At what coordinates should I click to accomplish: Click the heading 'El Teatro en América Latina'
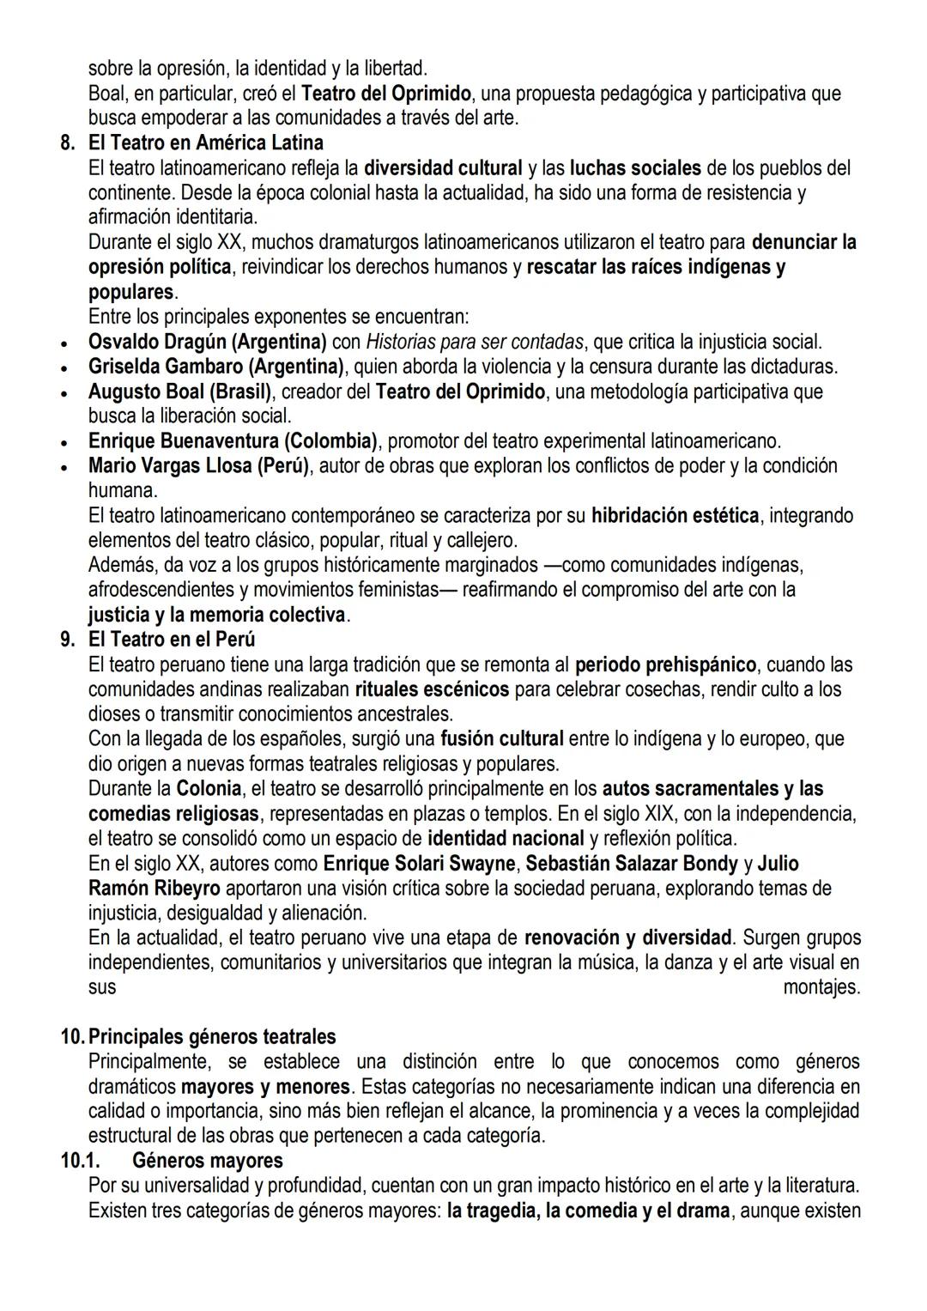206,143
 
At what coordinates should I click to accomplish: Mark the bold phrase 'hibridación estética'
675,516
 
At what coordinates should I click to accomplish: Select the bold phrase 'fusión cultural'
502,739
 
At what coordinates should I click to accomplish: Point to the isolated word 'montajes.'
821,987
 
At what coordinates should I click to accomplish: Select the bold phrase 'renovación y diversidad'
628,938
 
